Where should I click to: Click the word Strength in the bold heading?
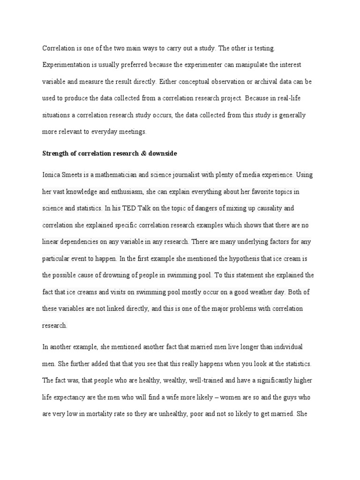(x=56, y=154)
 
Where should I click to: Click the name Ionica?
(x=52, y=175)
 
